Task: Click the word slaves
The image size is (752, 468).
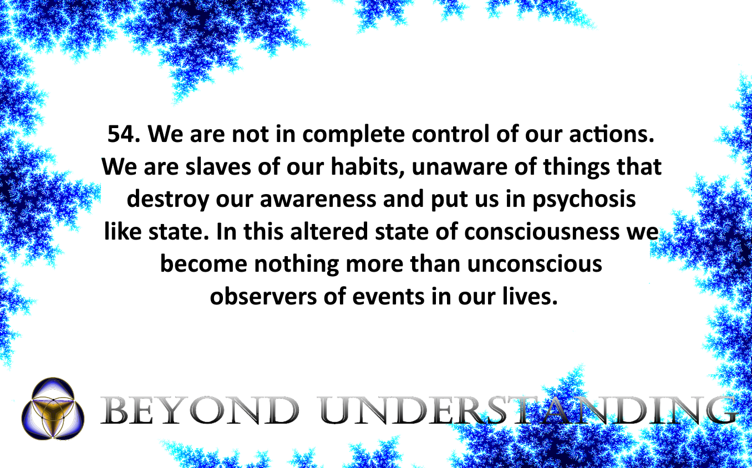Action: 218,166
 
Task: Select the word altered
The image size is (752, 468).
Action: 329,231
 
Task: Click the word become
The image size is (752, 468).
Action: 204,264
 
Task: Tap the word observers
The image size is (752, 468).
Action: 263,297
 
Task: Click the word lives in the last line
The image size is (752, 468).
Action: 527,297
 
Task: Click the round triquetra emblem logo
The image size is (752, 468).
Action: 53,408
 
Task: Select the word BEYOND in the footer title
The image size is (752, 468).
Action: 200,410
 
